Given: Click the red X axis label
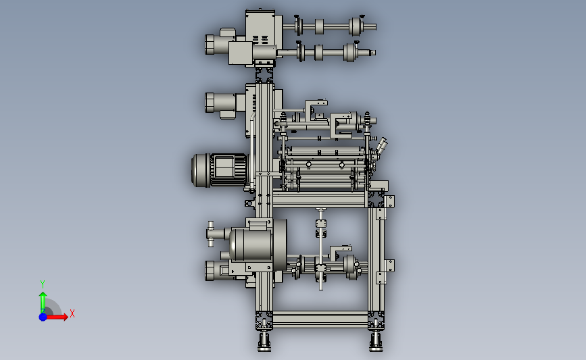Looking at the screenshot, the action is pos(72,313).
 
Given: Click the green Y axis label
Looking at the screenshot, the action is pos(43,284).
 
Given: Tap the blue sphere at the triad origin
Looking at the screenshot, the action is pos(43,317).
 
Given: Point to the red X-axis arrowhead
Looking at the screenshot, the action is pos(66,317).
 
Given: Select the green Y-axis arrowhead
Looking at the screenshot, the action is pos(43,295).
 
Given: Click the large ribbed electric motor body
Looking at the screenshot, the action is pos(220,170).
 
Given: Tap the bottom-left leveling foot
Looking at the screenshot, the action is pos(264,341).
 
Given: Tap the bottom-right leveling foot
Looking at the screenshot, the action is pos(376,341).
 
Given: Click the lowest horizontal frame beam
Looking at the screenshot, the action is pos(320,319).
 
